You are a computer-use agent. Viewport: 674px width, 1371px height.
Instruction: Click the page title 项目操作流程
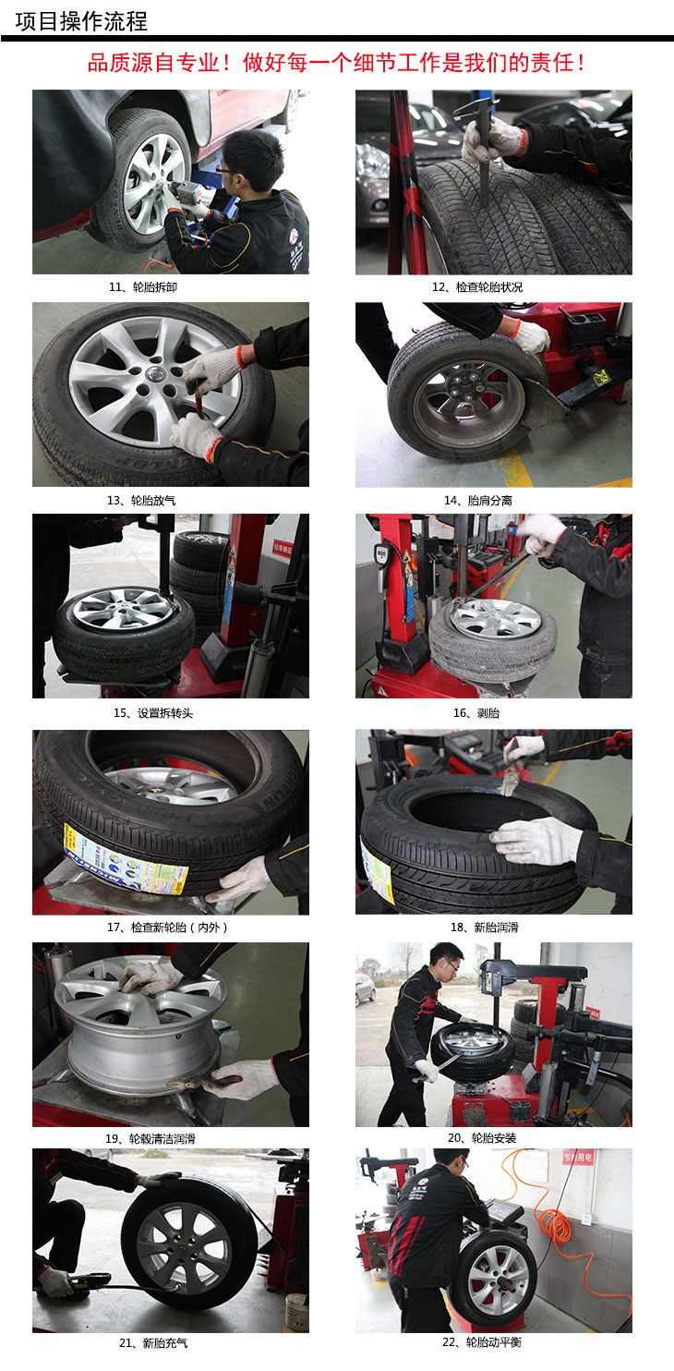80,21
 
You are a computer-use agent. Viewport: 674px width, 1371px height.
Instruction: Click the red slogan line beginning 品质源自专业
336,63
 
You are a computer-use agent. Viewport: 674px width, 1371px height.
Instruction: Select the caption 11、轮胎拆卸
143,287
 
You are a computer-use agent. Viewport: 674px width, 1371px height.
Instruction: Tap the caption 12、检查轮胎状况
477,287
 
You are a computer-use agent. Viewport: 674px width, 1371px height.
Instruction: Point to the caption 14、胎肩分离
477,500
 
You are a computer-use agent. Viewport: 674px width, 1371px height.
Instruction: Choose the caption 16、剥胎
476,713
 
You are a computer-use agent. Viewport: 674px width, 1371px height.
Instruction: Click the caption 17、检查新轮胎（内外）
168,928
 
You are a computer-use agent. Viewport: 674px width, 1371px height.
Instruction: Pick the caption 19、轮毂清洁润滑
150,1139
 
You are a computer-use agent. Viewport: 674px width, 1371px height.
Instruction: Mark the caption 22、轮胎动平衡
482,1342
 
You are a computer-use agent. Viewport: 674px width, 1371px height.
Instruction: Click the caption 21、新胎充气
153,1343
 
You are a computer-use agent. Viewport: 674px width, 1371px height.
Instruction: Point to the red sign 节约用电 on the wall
578,1157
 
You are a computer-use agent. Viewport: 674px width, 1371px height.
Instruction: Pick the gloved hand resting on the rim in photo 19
150,977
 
